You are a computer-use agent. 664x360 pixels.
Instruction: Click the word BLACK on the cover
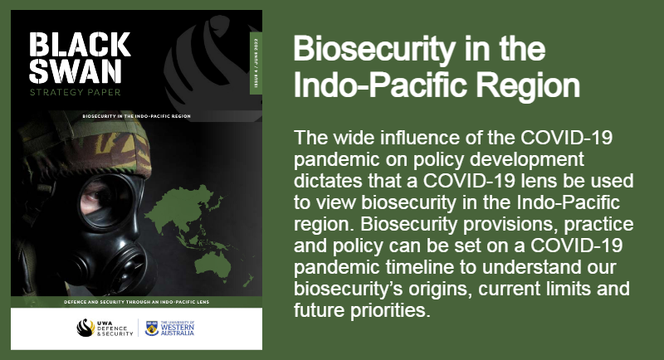[x=80, y=42]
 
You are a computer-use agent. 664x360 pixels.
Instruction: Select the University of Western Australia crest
[x=152, y=328]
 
